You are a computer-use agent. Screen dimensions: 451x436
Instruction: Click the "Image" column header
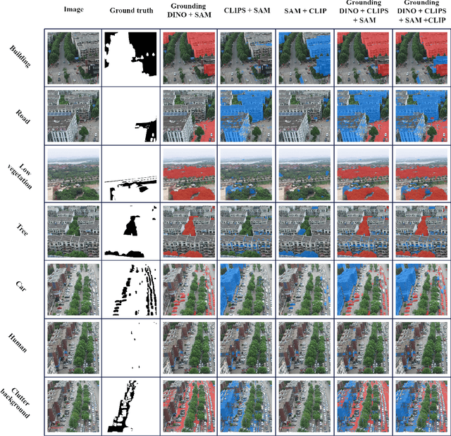73,10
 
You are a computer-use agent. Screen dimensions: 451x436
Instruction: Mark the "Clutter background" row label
22,403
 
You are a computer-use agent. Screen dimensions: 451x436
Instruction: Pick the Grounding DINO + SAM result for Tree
189,231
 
